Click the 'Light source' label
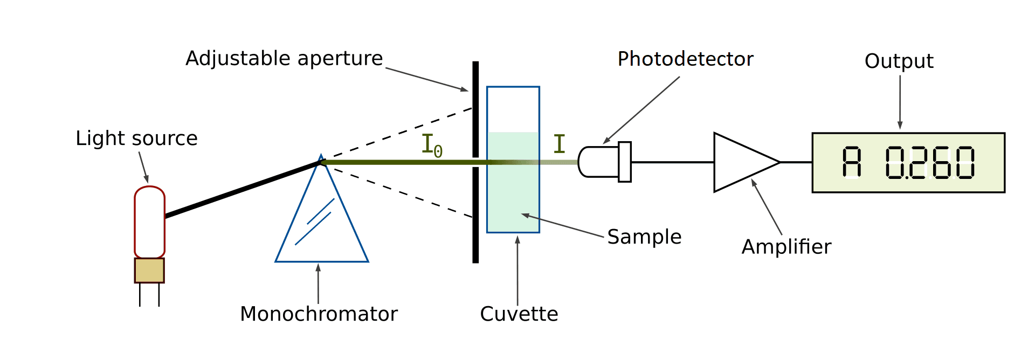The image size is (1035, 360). click(x=136, y=139)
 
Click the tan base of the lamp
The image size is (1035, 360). click(x=149, y=271)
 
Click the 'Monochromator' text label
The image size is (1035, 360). click(x=319, y=314)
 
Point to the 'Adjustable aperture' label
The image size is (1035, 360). click(x=284, y=58)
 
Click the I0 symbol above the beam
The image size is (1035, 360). click(x=431, y=146)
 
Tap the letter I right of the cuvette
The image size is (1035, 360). click(x=560, y=144)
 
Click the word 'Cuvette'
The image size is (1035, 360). click(x=519, y=314)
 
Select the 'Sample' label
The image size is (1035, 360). click(x=644, y=237)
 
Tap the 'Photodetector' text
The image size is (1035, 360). click(x=685, y=59)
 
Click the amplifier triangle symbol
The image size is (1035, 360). click(x=741, y=162)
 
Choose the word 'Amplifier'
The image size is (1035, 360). click(x=786, y=247)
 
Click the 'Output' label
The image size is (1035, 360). click(x=899, y=61)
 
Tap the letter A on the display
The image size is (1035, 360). click(x=852, y=162)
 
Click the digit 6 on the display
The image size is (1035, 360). click(x=941, y=162)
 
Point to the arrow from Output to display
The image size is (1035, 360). click(x=900, y=102)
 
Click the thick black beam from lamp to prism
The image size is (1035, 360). click(x=243, y=189)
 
